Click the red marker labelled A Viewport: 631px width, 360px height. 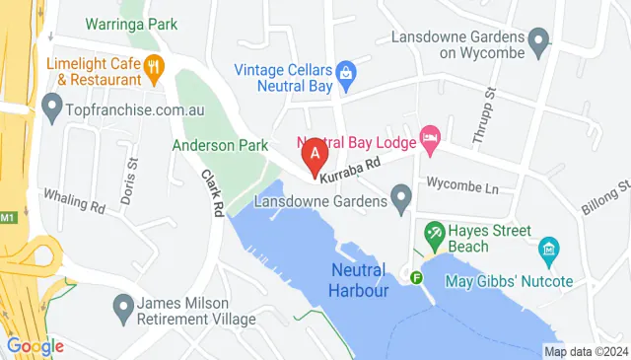click(x=315, y=155)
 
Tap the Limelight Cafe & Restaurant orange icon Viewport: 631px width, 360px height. click(x=154, y=67)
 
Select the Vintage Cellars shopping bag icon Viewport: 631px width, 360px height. click(x=345, y=72)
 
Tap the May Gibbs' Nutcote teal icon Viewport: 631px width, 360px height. click(x=549, y=247)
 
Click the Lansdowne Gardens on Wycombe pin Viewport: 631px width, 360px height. click(x=538, y=41)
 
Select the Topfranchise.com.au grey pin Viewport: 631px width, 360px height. click(x=51, y=104)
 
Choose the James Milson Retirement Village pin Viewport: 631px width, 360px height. click(x=122, y=310)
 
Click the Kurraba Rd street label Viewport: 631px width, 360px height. click(x=350, y=169)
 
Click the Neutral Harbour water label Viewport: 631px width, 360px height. click(x=358, y=278)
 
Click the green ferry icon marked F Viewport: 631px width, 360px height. click(x=417, y=277)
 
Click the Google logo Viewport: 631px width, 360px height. click(x=35, y=345)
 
